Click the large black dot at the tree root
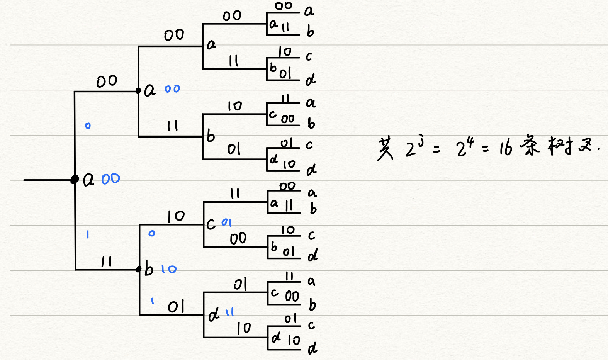click(75, 180)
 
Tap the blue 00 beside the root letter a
click(110, 179)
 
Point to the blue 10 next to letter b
click(169, 269)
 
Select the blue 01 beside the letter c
click(227, 222)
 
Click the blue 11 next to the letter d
click(230, 312)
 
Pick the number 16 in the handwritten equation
click(506, 148)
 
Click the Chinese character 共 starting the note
click(386, 149)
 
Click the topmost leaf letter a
click(309, 11)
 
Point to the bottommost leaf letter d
click(312, 349)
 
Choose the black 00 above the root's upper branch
click(107, 81)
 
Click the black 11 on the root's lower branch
click(106, 262)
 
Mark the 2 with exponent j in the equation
click(411, 150)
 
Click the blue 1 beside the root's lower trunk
click(88, 234)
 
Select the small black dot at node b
click(139, 269)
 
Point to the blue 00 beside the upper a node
click(172, 89)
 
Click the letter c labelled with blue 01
click(211, 224)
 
